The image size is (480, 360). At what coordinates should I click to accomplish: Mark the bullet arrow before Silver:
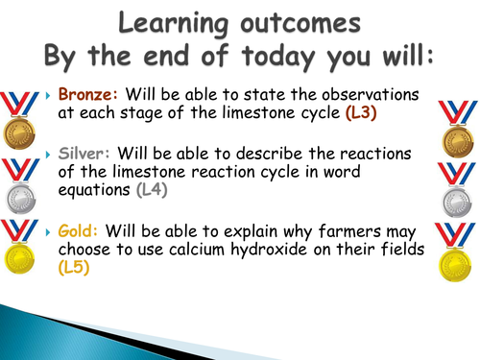coord(49,156)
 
